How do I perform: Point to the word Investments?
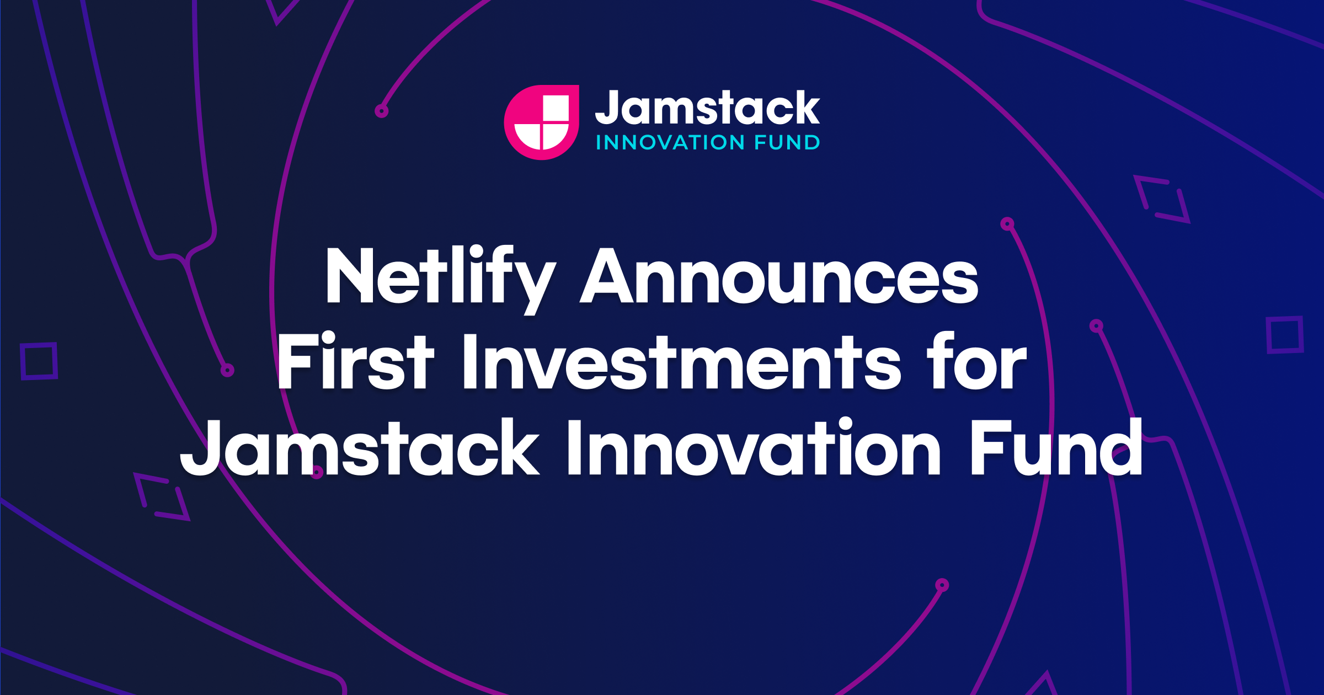(x=682, y=362)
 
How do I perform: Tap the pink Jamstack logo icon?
(x=542, y=122)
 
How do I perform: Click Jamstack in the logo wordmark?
(x=708, y=108)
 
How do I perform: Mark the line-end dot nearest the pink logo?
(x=382, y=111)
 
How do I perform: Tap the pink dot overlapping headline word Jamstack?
(x=317, y=472)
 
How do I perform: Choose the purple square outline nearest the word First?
(x=39, y=361)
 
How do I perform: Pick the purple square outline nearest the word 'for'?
(x=1285, y=335)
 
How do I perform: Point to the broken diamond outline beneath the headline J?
(x=162, y=496)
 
